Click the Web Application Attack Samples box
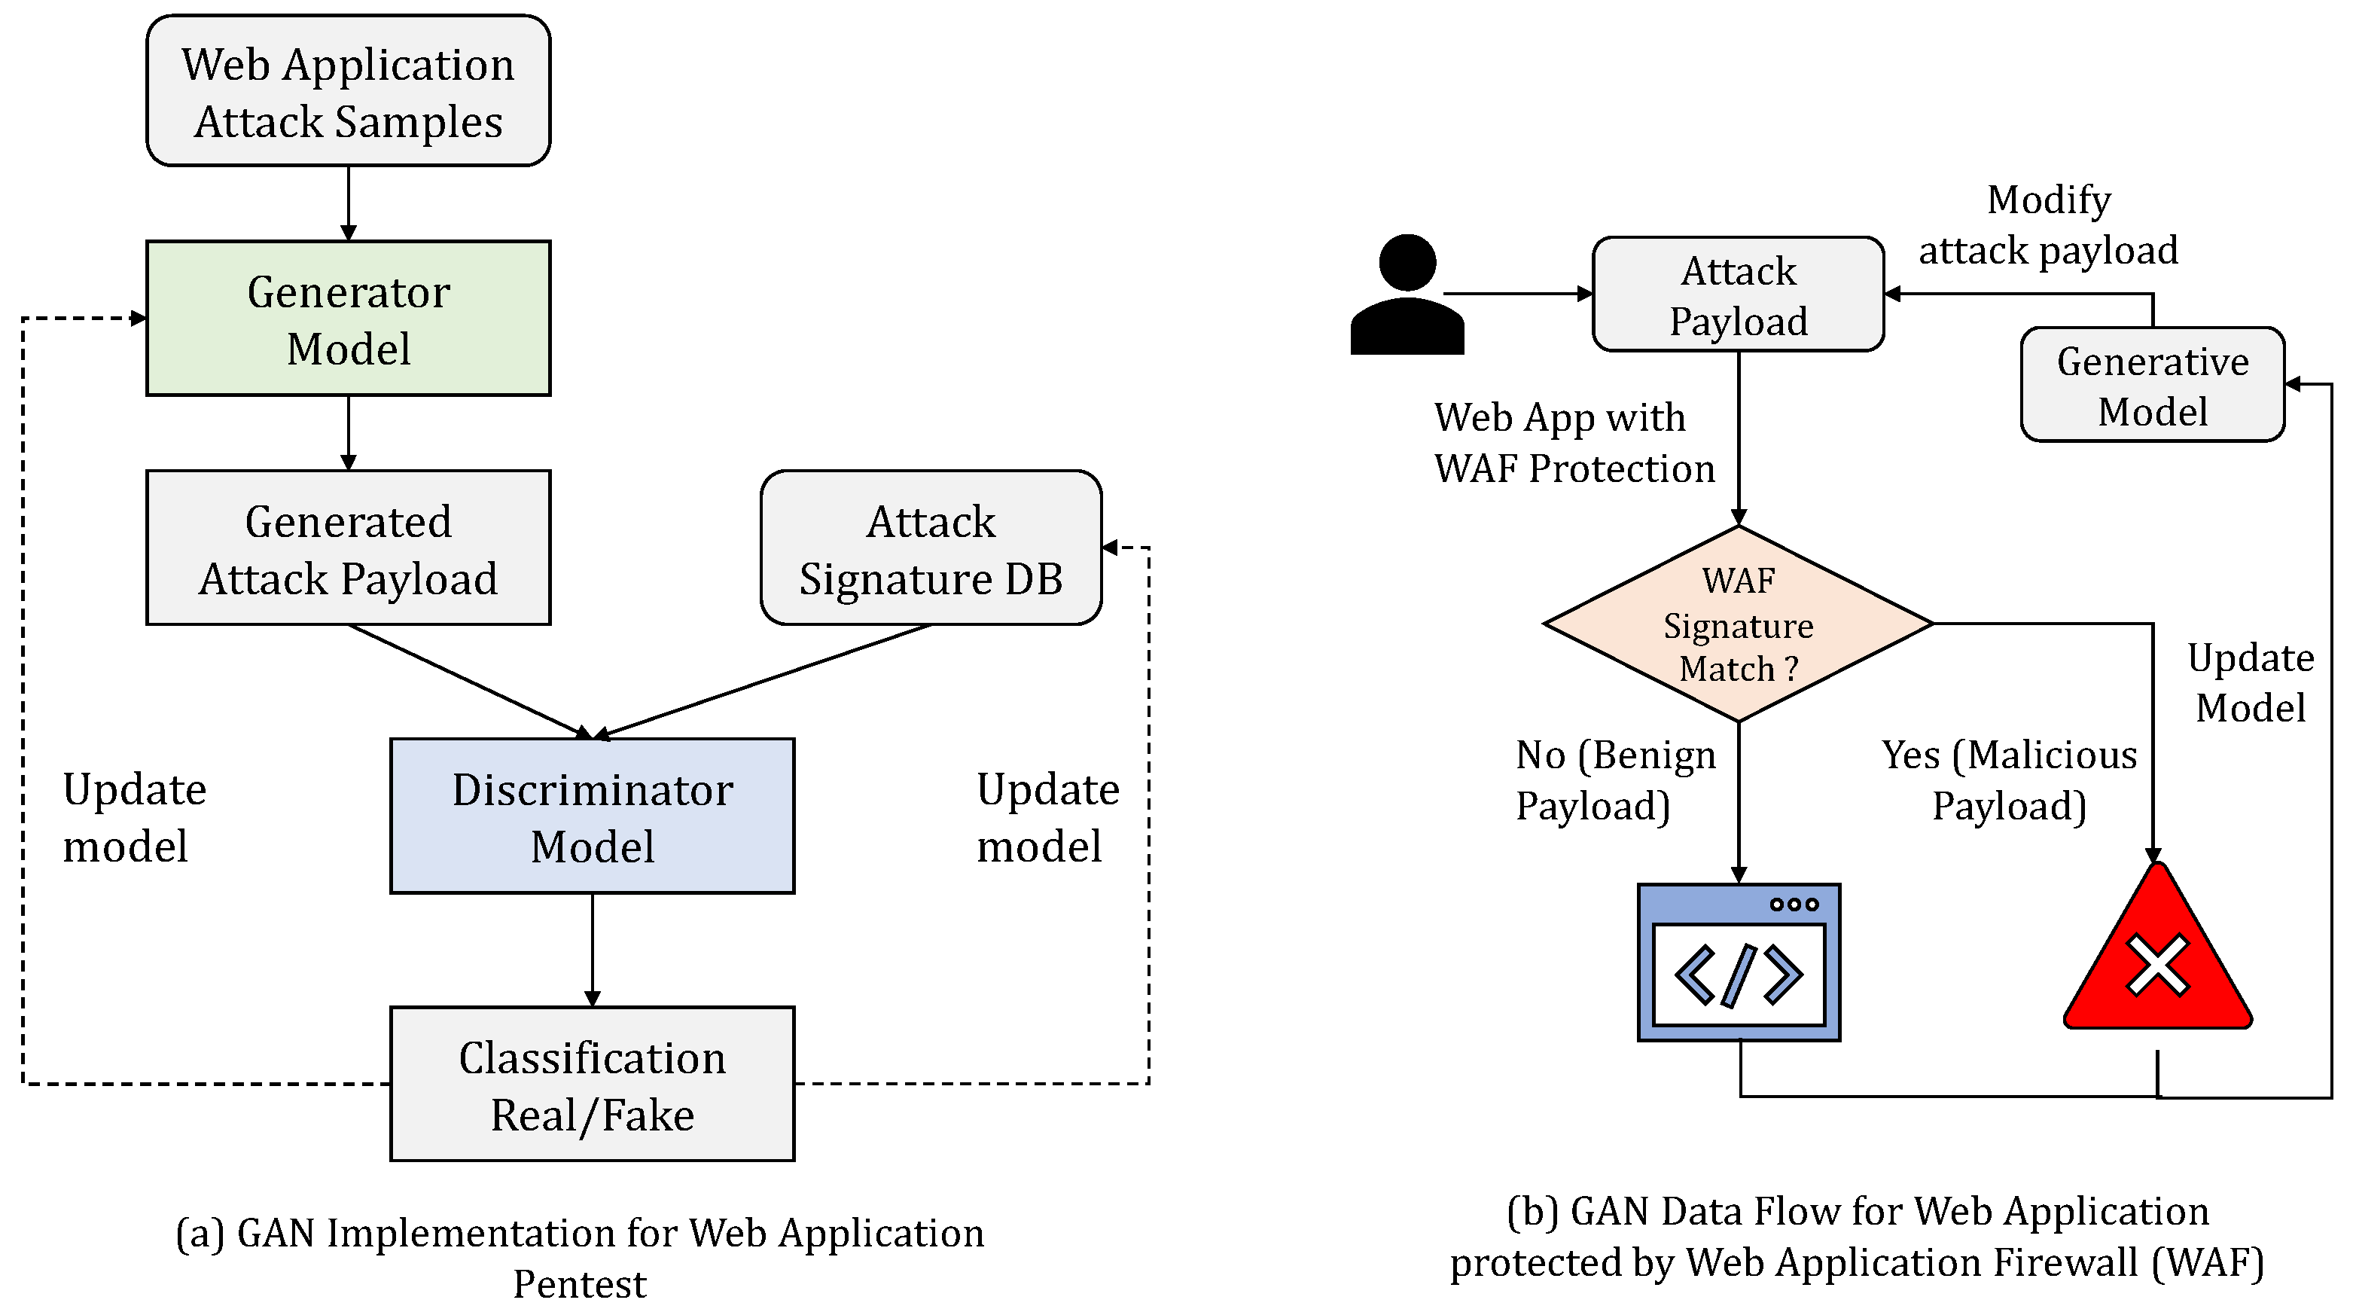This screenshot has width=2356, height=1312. pos(348,91)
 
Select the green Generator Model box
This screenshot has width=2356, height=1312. pos(348,319)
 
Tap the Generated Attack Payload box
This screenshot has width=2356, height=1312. pos(348,548)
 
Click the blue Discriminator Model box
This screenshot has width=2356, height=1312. pos(592,816)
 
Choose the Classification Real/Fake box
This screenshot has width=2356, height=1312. pos(592,1085)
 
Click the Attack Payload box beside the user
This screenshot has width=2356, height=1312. pos(1738,294)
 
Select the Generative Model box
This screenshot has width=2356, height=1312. pos(2152,385)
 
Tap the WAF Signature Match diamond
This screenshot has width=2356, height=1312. pos(1738,624)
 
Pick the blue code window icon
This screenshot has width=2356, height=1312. pos(1738,963)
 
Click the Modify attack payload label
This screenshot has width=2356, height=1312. pos(2048,225)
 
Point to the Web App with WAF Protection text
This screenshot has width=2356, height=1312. pos(1573,443)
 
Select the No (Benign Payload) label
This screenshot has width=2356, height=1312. pos(1615,780)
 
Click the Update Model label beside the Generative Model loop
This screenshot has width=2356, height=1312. pos(2250,682)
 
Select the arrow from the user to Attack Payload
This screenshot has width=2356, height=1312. pos(1518,294)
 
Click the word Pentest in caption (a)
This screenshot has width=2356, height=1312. pos(579,1283)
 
